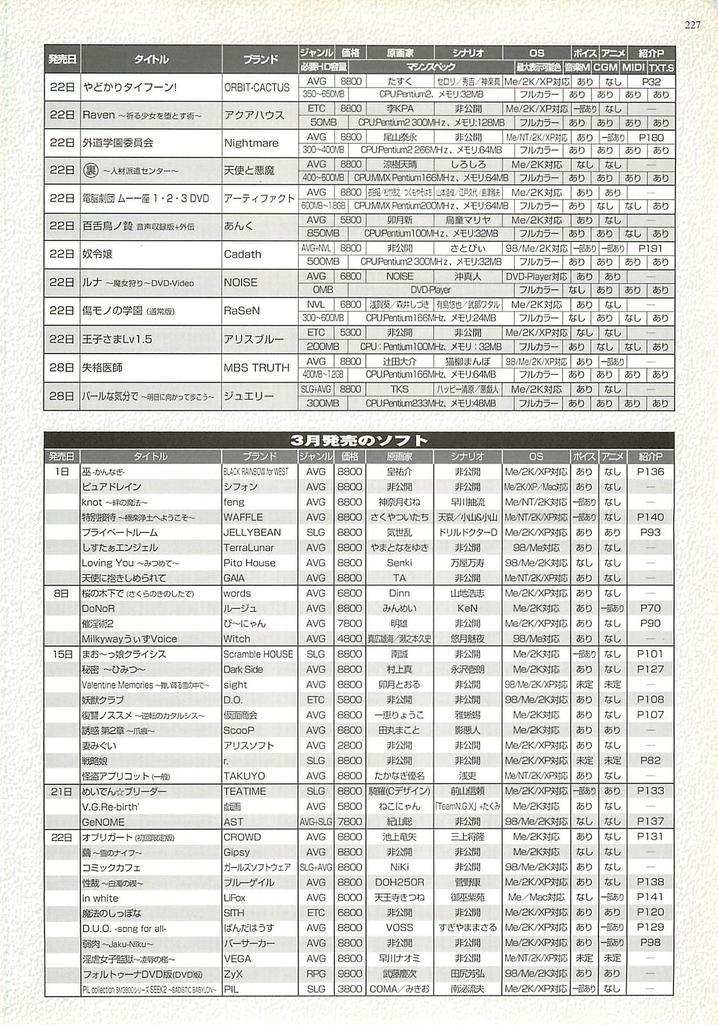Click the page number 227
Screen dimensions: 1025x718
tap(692, 25)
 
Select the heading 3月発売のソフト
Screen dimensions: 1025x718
tap(359, 440)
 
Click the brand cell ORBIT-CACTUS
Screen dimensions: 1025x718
tap(257, 87)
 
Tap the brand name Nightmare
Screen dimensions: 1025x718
tap(251, 143)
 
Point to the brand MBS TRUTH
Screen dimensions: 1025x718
tap(256, 368)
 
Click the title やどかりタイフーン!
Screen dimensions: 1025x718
tap(130, 87)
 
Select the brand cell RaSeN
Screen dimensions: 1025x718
tap(242, 310)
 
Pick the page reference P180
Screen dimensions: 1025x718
tap(651, 137)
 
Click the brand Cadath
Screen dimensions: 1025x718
tap(242, 254)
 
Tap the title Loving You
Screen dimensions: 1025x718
tap(108, 563)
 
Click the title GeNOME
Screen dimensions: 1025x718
tap(103, 822)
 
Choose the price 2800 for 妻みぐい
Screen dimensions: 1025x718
tap(349, 745)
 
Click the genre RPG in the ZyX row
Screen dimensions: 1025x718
tap(316, 974)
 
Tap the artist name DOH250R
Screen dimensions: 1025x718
tap(399, 882)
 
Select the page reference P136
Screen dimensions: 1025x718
tap(651, 472)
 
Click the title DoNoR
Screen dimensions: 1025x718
tap(98, 608)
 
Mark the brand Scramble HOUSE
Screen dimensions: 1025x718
tap(258, 654)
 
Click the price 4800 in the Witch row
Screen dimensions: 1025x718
tap(349, 638)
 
